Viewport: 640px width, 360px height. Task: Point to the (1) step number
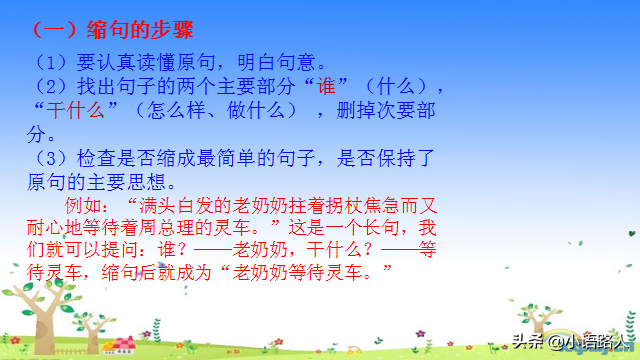pos(49,62)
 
